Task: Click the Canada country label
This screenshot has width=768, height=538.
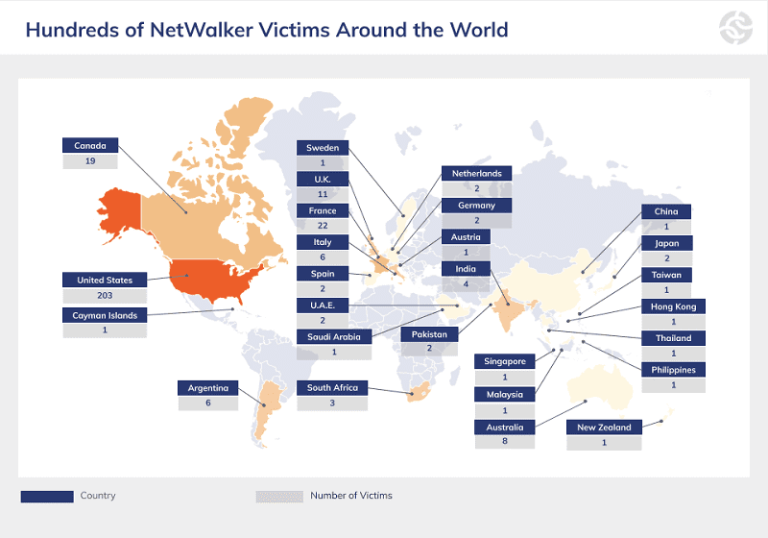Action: (90, 146)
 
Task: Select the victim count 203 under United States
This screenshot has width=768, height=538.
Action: (105, 295)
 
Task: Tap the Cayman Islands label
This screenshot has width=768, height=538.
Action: (105, 315)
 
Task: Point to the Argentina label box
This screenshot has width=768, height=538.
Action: (207, 388)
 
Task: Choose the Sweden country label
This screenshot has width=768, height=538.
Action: (322, 148)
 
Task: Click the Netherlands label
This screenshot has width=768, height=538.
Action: (476, 174)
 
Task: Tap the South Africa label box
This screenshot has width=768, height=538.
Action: (332, 388)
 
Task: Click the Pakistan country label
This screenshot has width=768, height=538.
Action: (429, 334)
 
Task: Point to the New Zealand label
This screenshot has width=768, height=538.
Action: (604, 428)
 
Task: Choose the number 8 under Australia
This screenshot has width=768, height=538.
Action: (504, 442)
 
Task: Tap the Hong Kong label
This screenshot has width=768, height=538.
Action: (673, 306)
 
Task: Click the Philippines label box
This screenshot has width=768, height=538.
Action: (673, 370)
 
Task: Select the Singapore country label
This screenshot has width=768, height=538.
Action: (504, 361)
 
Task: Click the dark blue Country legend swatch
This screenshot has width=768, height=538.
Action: (47, 497)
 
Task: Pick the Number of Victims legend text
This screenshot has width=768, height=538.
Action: (350, 496)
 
